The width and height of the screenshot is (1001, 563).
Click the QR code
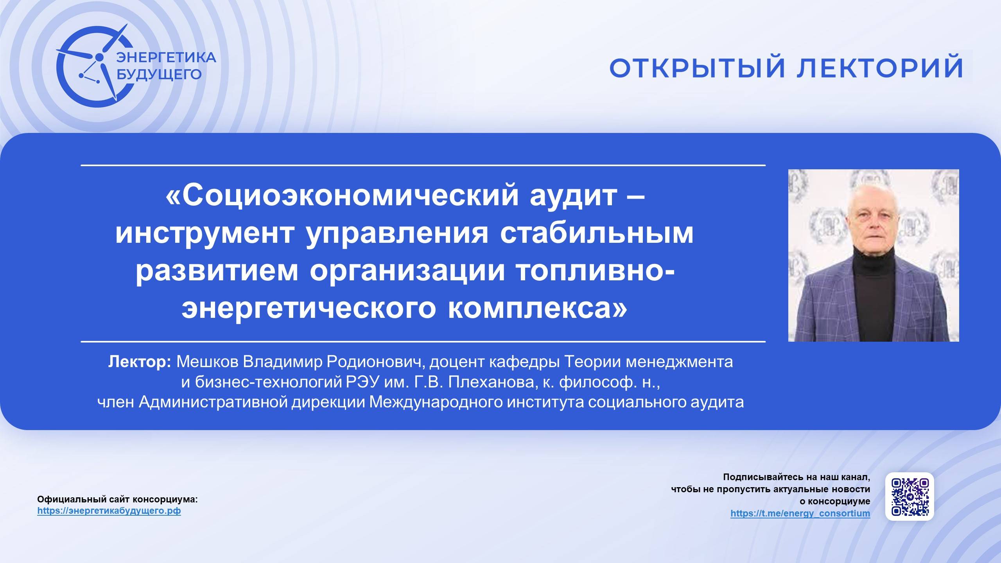pyautogui.click(x=910, y=497)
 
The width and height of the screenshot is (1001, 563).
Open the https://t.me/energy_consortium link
pyautogui.click(x=800, y=513)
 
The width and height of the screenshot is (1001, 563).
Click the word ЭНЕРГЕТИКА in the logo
pyautogui.click(x=166, y=57)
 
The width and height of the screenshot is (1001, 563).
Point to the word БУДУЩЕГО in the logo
pyautogui.click(x=160, y=74)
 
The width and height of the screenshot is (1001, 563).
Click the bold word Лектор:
pyautogui.click(x=140, y=362)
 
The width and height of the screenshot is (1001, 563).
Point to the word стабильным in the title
pyautogui.click(x=597, y=233)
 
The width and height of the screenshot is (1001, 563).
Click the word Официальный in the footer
pyautogui.click(x=63, y=499)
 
